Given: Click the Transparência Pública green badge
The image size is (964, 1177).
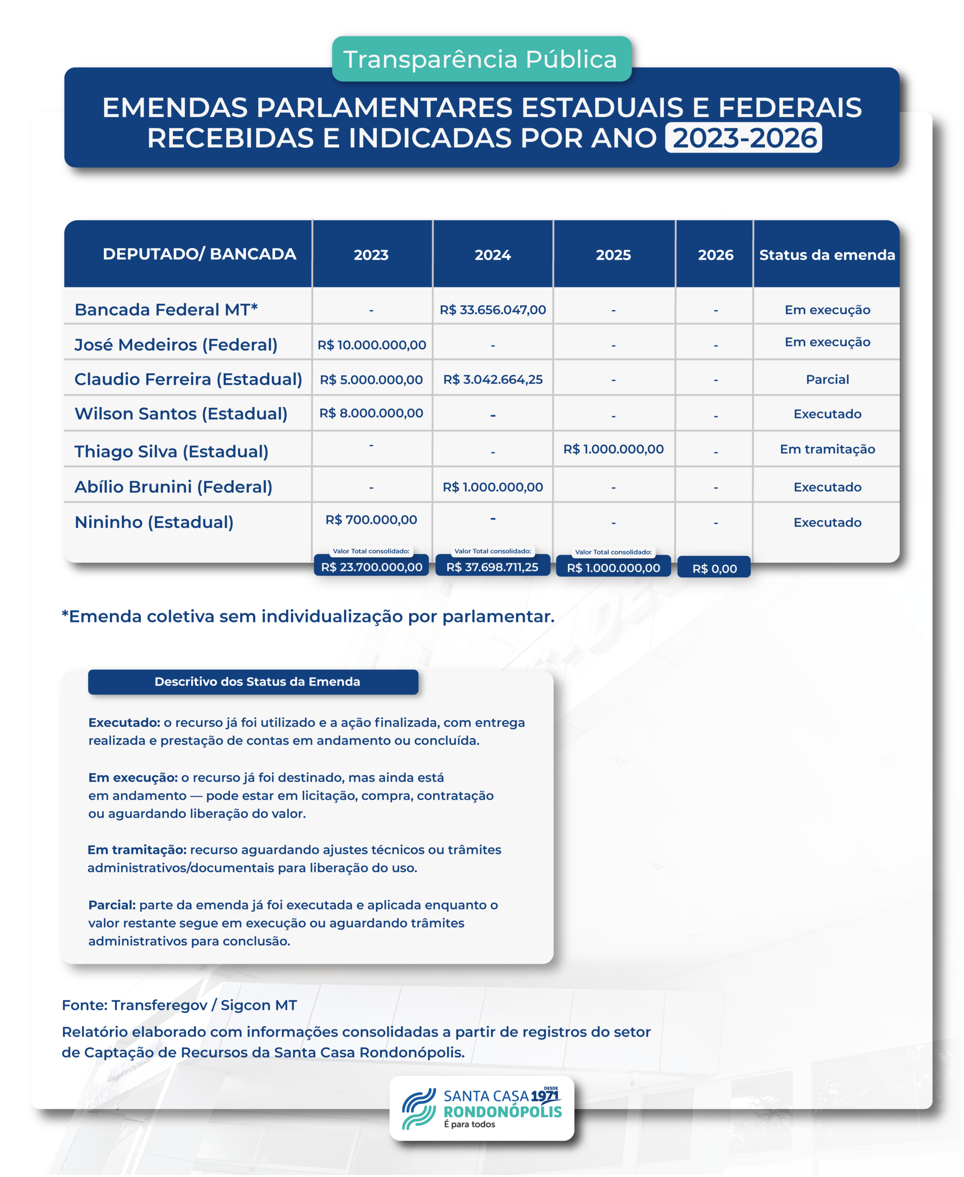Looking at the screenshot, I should (x=481, y=59).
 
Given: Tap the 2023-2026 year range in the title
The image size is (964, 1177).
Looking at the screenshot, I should (x=744, y=138).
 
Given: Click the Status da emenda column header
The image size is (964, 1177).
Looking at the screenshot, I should (x=827, y=255).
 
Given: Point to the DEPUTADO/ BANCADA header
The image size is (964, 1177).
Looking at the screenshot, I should (x=199, y=254).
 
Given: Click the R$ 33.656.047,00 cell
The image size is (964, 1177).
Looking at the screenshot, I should (x=492, y=309).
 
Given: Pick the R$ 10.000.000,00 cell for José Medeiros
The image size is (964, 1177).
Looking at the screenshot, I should (x=371, y=345).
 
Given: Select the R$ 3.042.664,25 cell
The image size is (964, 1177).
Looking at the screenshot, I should (x=492, y=380).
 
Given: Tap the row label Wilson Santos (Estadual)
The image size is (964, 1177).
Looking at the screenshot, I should (x=181, y=413).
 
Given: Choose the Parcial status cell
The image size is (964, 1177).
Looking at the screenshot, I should (x=827, y=380).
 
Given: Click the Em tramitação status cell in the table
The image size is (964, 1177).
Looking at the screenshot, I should (x=827, y=449).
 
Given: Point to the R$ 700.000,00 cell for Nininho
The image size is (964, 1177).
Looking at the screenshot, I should (x=371, y=520).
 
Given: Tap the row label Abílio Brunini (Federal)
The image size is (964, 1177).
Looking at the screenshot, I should (x=173, y=487).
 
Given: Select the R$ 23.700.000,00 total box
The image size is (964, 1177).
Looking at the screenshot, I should (x=371, y=566).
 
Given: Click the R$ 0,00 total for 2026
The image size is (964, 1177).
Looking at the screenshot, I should (x=714, y=568).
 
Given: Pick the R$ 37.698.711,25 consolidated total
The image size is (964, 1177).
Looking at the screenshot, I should (x=492, y=566).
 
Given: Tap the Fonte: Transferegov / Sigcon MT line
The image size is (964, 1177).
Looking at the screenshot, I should (x=179, y=1005).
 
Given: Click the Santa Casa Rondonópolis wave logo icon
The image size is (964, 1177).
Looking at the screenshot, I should (x=419, y=1108).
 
